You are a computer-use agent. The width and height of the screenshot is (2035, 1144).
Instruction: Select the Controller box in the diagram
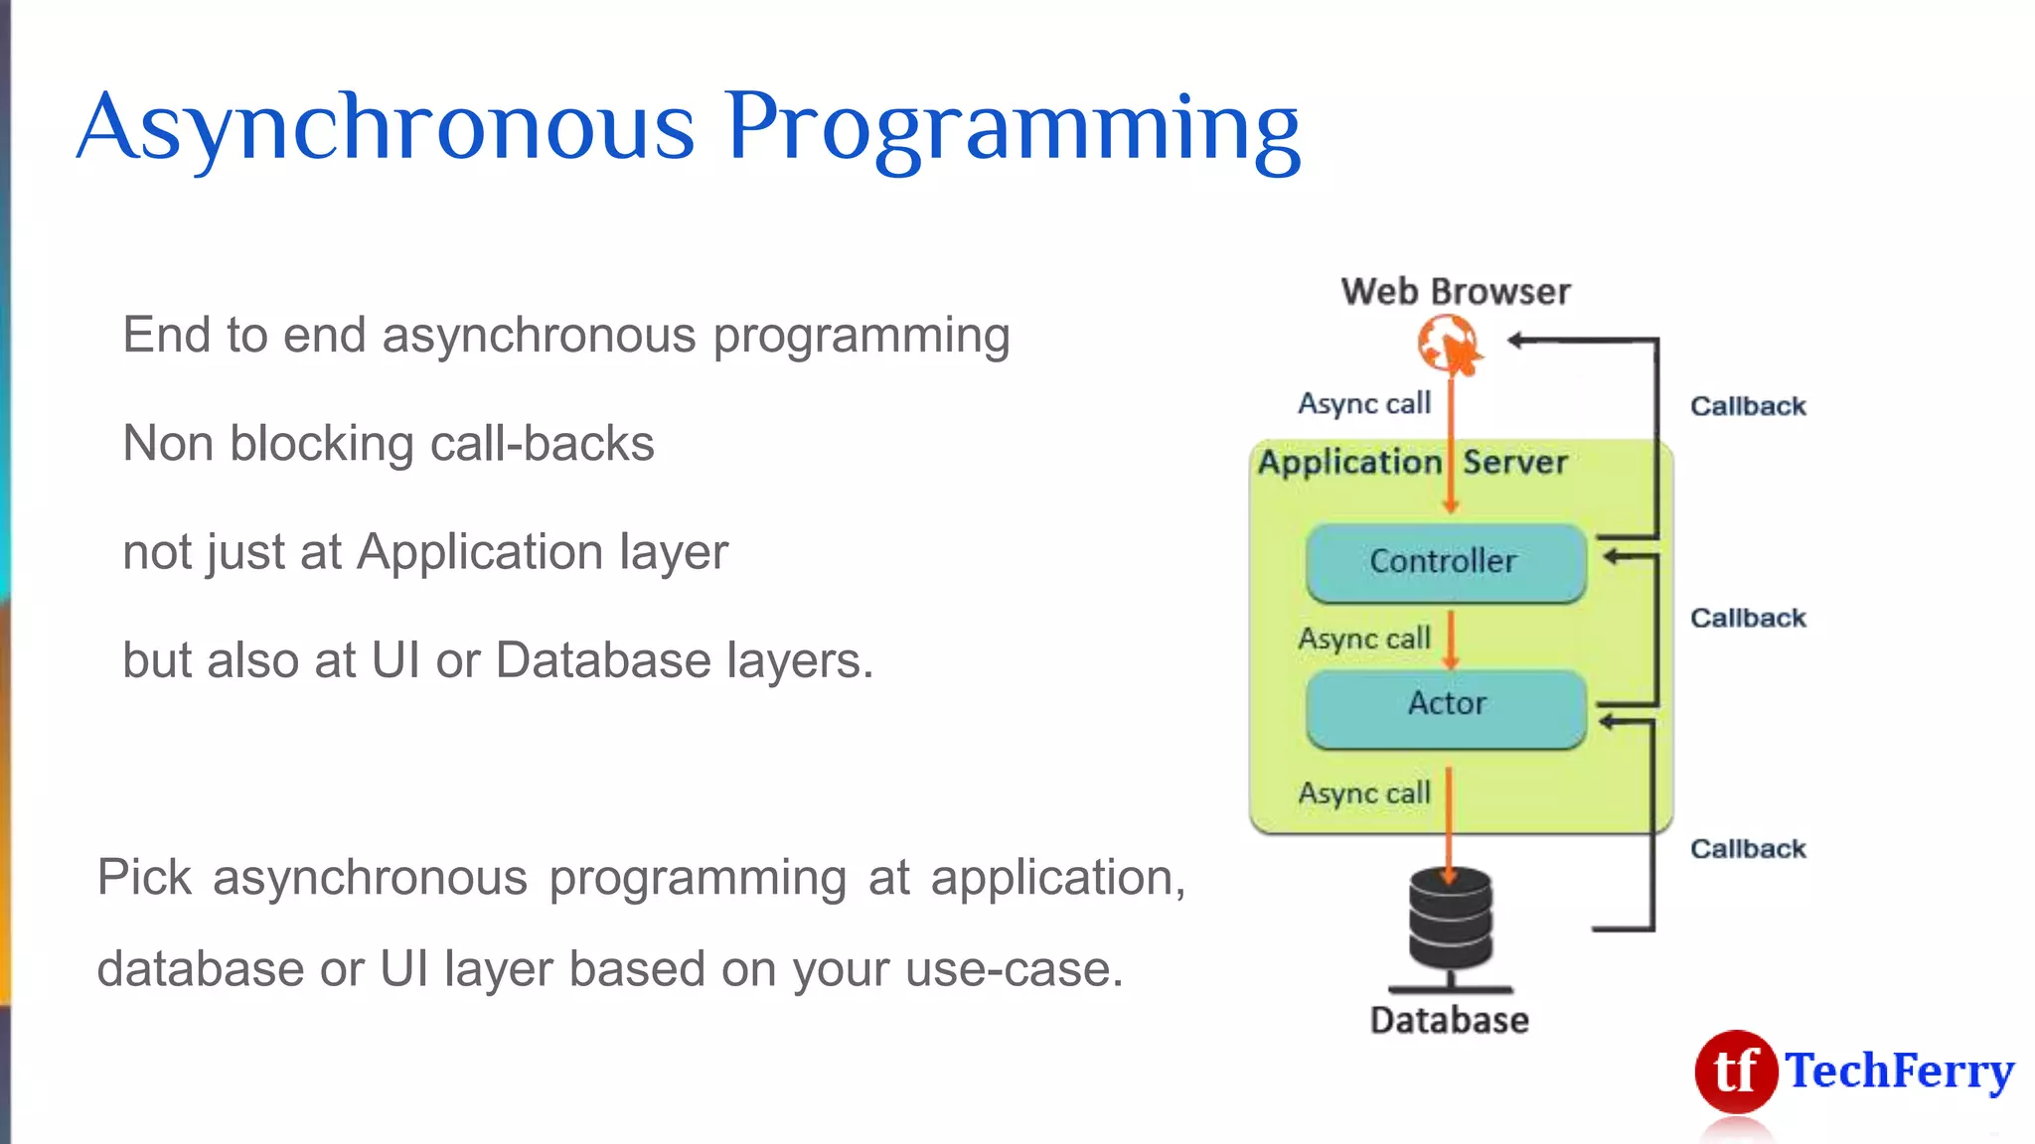pos(1445,562)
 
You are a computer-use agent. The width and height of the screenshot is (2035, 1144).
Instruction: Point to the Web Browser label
pos(1455,292)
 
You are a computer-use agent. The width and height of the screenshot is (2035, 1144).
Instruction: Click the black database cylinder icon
pos(1450,920)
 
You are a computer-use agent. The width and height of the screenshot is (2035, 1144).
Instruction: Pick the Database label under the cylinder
pos(1449,1020)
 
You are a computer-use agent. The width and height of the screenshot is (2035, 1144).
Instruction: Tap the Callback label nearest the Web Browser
pos(1748,406)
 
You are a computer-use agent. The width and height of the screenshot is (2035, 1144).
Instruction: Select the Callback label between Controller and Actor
pos(1748,618)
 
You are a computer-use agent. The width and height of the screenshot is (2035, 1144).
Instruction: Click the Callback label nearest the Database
pos(1748,849)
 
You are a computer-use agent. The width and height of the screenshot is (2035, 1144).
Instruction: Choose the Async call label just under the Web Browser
pos(1364,403)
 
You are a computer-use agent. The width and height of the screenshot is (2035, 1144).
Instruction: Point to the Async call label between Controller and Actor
pos(1364,639)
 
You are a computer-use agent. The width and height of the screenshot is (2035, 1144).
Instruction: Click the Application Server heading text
pos(1412,463)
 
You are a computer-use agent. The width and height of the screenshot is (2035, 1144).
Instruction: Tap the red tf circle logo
pos(1735,1072)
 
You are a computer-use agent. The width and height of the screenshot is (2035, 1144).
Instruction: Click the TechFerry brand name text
pos(1899,1072)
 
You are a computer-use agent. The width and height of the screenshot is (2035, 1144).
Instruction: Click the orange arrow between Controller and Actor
pos(1450,640)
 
